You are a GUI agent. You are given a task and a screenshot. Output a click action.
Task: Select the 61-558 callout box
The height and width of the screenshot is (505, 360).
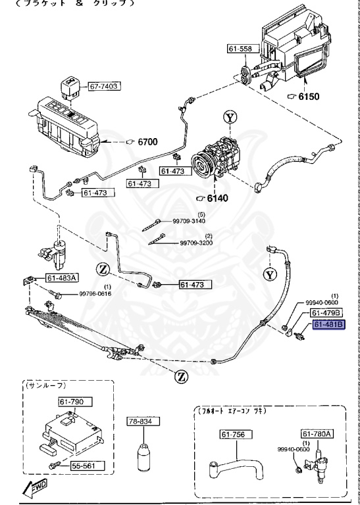tap(241, 49)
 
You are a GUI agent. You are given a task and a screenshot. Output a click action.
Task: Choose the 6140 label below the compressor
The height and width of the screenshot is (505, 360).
tap(217, 198)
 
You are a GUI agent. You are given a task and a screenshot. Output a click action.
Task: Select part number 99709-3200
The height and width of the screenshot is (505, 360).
tap(198, 243)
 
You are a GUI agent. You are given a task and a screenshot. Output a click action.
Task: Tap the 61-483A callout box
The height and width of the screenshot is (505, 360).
tap(62, 277)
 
